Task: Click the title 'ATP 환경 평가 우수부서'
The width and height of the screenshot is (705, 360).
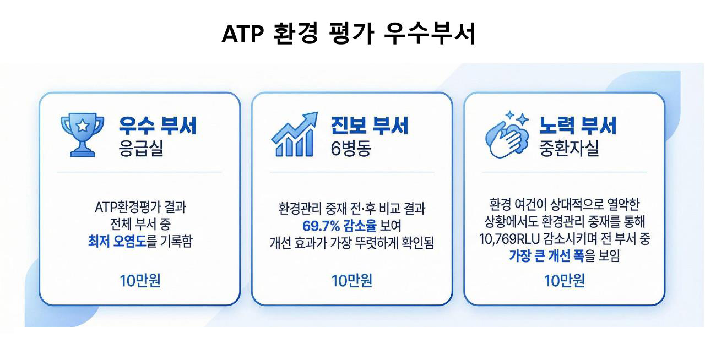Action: (x=349, y=34)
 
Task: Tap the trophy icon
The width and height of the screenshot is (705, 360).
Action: (x=83, y=135)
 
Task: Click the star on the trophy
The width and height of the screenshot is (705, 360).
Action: (x=83, y=126)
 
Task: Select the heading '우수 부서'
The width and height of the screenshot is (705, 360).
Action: (x=158, y=126)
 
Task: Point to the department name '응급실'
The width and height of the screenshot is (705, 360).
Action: (x=140, y=148)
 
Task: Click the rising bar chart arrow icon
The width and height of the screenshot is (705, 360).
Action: (x=294, y=134)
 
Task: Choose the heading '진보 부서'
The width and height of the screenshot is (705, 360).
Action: (x=370, y=126)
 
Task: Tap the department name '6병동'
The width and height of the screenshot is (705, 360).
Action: (x=351, y=148)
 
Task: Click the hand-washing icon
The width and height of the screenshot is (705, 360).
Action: (x=507, y=135)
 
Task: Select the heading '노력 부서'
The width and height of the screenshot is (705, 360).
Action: (x=578, y=126)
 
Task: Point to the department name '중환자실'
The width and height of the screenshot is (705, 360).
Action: (x=569, y=148)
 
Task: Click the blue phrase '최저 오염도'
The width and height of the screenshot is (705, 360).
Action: (x=117, y=241)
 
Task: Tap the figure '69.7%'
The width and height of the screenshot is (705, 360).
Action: (x=321, y=226)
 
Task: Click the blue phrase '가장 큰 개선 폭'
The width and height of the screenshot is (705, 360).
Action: (x=547, y=255)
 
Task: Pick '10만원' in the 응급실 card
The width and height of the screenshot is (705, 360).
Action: (x=140, y=280)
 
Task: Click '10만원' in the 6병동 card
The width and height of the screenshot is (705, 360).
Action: (x=352, y=280)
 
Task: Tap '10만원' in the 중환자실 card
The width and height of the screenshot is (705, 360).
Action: (x=565, y=280)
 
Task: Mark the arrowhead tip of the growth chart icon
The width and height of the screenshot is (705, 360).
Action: (x=317, y=113)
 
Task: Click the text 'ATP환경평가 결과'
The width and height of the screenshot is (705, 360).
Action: (x=140, y=207)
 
